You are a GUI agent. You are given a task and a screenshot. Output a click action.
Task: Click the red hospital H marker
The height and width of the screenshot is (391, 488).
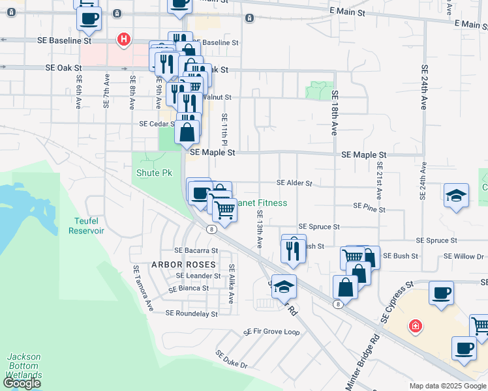(123, 40)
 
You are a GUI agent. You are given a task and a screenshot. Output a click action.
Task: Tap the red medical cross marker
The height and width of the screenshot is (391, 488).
(414, 325)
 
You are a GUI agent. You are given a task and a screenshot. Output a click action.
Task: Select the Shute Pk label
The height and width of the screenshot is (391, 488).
(153, 173)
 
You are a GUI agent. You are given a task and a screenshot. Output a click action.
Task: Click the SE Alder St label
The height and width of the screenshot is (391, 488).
(294, 184)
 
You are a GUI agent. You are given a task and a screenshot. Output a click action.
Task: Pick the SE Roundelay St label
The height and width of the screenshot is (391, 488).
(191, 313)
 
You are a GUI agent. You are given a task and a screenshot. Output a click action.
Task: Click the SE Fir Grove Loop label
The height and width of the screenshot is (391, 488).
(271, 332)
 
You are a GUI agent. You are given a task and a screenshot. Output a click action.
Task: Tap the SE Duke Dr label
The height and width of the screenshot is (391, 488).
(232, 358)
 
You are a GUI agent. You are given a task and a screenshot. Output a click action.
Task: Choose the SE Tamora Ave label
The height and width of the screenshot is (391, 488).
(143, 287)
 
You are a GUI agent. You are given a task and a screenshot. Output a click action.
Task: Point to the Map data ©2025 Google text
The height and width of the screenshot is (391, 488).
(448, 386)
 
